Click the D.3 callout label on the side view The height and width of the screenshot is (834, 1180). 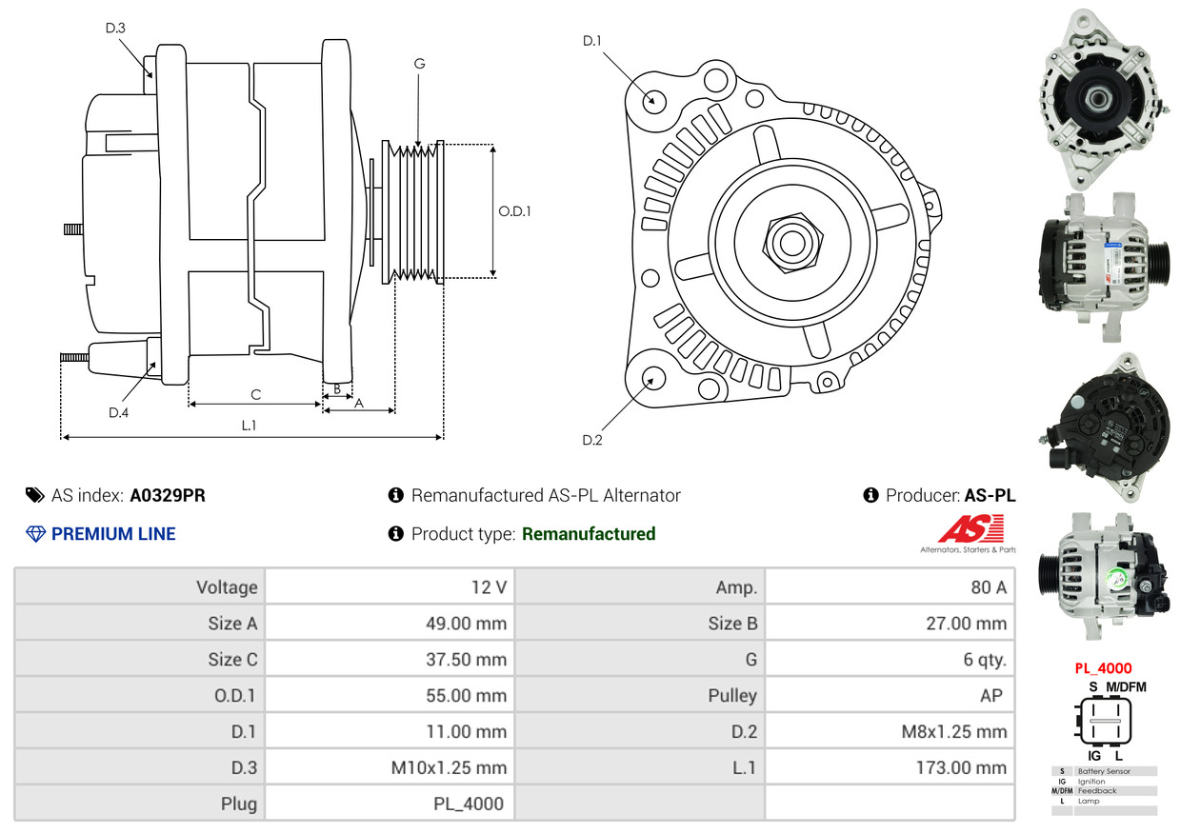point(115,28)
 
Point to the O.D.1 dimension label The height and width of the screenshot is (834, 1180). point(514,211)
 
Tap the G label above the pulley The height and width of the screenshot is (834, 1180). point(419,64)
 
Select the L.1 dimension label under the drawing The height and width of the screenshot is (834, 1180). point(249,426)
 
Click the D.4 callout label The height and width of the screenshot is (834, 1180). point(118,412)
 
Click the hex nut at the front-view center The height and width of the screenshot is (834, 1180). point(790,241)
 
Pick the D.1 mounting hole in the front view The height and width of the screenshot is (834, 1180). point(653,100)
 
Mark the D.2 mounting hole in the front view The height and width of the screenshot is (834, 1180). point(652,378)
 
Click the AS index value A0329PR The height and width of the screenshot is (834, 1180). point(168,496)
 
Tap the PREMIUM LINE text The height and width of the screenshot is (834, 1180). point(113,534)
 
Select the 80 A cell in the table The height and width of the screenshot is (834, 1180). point(988,587)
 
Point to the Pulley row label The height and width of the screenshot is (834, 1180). point(732,695)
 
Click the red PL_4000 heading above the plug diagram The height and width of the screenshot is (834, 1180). point(1102,668)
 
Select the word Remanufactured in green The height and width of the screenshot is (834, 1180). point(589,534)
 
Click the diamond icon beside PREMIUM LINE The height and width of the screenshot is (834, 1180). point(35,534)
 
